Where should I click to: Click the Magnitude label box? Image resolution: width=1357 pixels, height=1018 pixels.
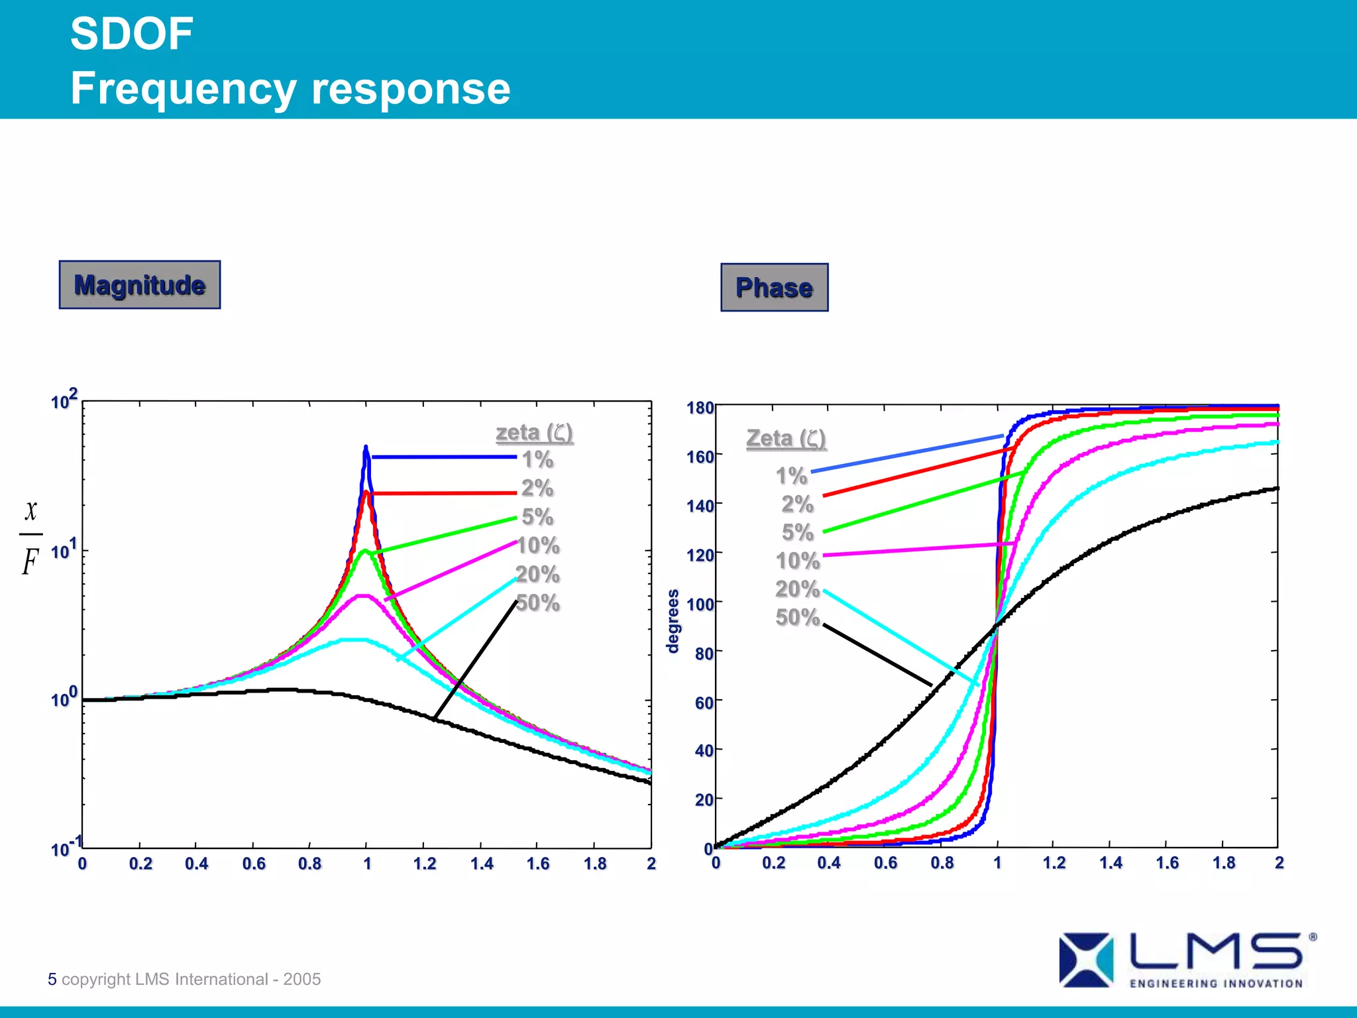click(x=139, y=285)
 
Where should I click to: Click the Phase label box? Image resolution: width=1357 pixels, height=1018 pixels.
click(x=774, y=288)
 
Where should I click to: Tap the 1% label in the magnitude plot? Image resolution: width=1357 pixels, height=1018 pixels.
click(x=537, y=459)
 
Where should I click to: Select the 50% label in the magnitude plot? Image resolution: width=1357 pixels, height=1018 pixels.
click(x=538, y=603)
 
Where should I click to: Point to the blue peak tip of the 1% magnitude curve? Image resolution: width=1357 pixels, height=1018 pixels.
click(x=366, y=449)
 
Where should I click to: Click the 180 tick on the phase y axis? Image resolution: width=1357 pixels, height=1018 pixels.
click(x=700, y=408)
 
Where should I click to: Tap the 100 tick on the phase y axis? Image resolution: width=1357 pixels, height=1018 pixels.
click(x=700, y=604)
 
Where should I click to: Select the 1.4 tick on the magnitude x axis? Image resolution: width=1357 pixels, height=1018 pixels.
click(x=482, y=864)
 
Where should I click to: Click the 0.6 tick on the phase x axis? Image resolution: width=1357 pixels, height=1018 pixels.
click(x=885, y=863)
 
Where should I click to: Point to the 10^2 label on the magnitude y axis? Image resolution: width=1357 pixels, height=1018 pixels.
click(x=64, y=400)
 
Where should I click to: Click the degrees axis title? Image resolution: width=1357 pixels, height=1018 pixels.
click(x=673, y=621)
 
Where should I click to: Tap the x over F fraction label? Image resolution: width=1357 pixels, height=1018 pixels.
click(x=30, y=537)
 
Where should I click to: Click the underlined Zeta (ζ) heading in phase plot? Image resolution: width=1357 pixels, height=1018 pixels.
click(x=786, y=439)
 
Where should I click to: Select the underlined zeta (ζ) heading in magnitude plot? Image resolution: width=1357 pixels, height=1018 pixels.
click(x=534, y=433)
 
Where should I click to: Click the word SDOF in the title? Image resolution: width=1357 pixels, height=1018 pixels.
click(x=131, y=34)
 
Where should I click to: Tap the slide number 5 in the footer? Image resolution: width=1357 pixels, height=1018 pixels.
click(x=52, y=979)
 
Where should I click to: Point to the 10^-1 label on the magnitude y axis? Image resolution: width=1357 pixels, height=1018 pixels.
click(x=66, y=847)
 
